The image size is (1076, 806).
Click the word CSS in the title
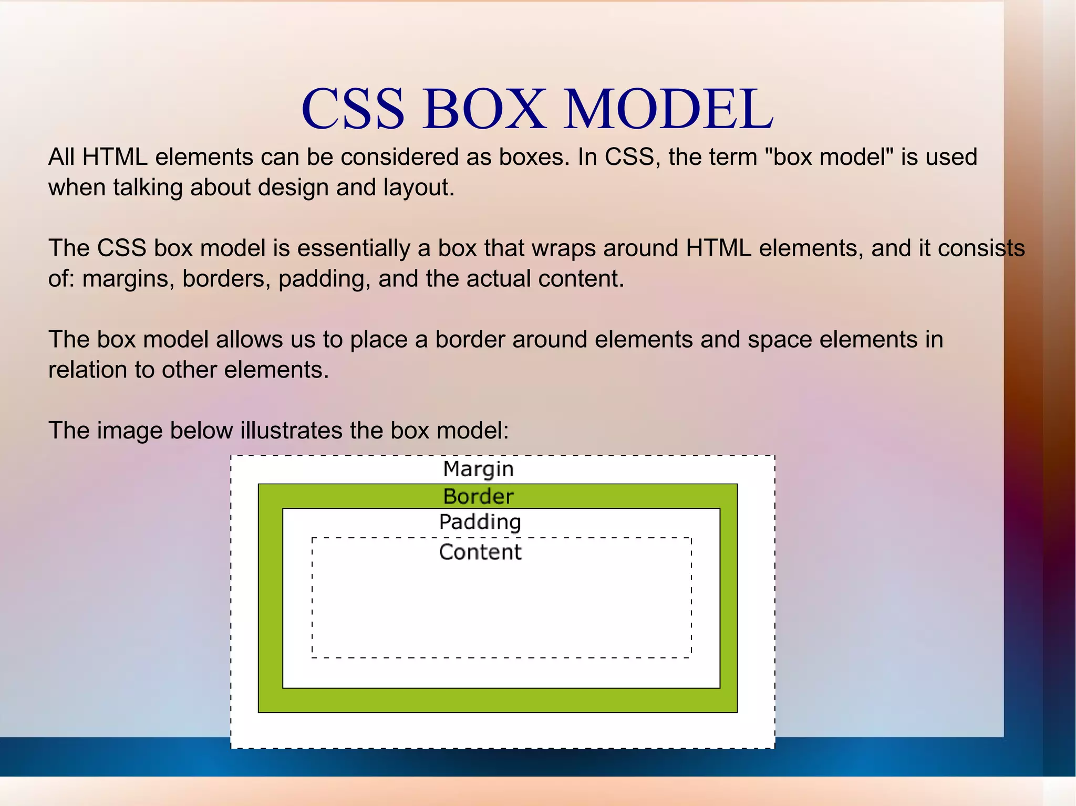(x=353, y=109)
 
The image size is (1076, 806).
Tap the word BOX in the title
(x=484, y=109)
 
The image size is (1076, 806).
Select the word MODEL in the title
(x=668, y=109)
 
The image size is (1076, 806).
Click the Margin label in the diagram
(x=478, y=469)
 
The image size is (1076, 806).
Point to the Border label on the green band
(x=478, y=496)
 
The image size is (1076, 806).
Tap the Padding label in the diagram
(x=480, y=522)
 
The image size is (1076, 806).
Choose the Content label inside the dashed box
(x=480, y=552)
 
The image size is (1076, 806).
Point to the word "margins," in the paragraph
(x=128, y=279)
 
